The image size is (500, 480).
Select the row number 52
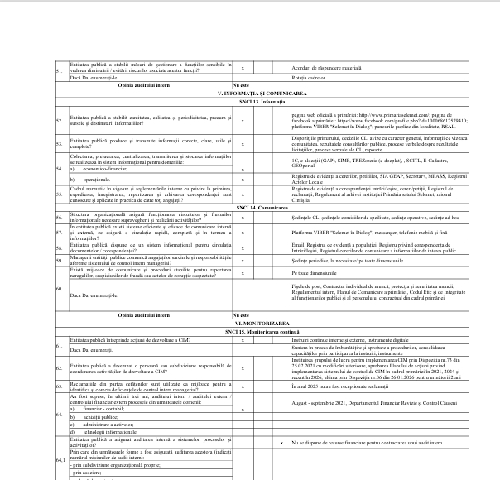58,120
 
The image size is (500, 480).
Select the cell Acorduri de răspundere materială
327,67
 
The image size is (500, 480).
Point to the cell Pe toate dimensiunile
315,271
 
